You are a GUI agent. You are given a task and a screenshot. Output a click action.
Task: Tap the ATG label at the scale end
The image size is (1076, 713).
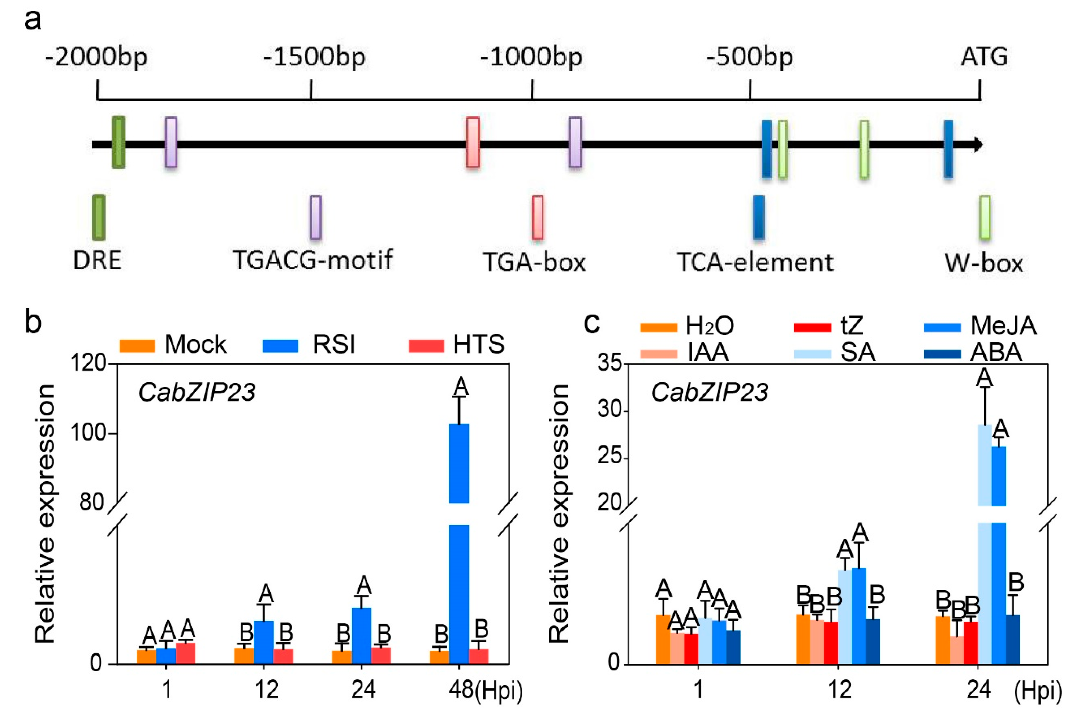pos(984,57)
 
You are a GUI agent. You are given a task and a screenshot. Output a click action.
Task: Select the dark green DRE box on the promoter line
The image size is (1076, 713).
pos(118,142)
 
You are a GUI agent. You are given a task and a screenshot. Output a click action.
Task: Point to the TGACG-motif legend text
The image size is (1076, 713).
pos(313,260)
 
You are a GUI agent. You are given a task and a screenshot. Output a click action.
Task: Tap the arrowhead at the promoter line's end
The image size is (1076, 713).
pos(978,145)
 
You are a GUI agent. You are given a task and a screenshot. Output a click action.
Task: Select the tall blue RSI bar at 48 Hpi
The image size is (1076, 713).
pos(459,546)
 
